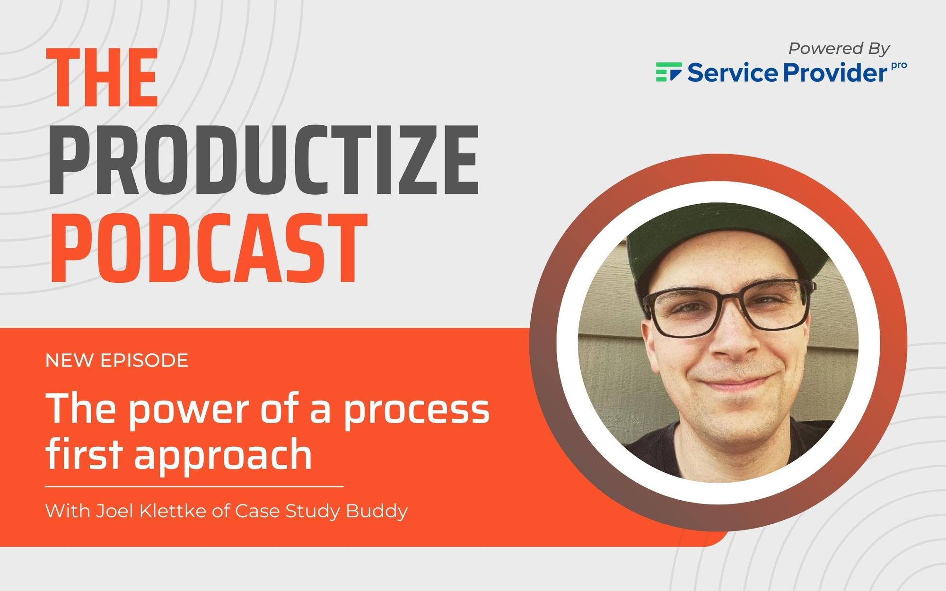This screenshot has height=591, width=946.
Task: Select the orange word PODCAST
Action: point(208,248)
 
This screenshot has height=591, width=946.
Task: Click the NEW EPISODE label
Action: point(117,360)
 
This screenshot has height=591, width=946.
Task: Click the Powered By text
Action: point(839,48)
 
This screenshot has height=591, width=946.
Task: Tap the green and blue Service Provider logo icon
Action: point(668,72)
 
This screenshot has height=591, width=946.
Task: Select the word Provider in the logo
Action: point(835,73)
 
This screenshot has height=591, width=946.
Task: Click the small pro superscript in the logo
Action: point(899,66)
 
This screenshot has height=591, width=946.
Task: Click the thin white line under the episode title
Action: point(194,486)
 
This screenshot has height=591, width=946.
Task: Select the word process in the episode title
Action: point(416,409)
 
